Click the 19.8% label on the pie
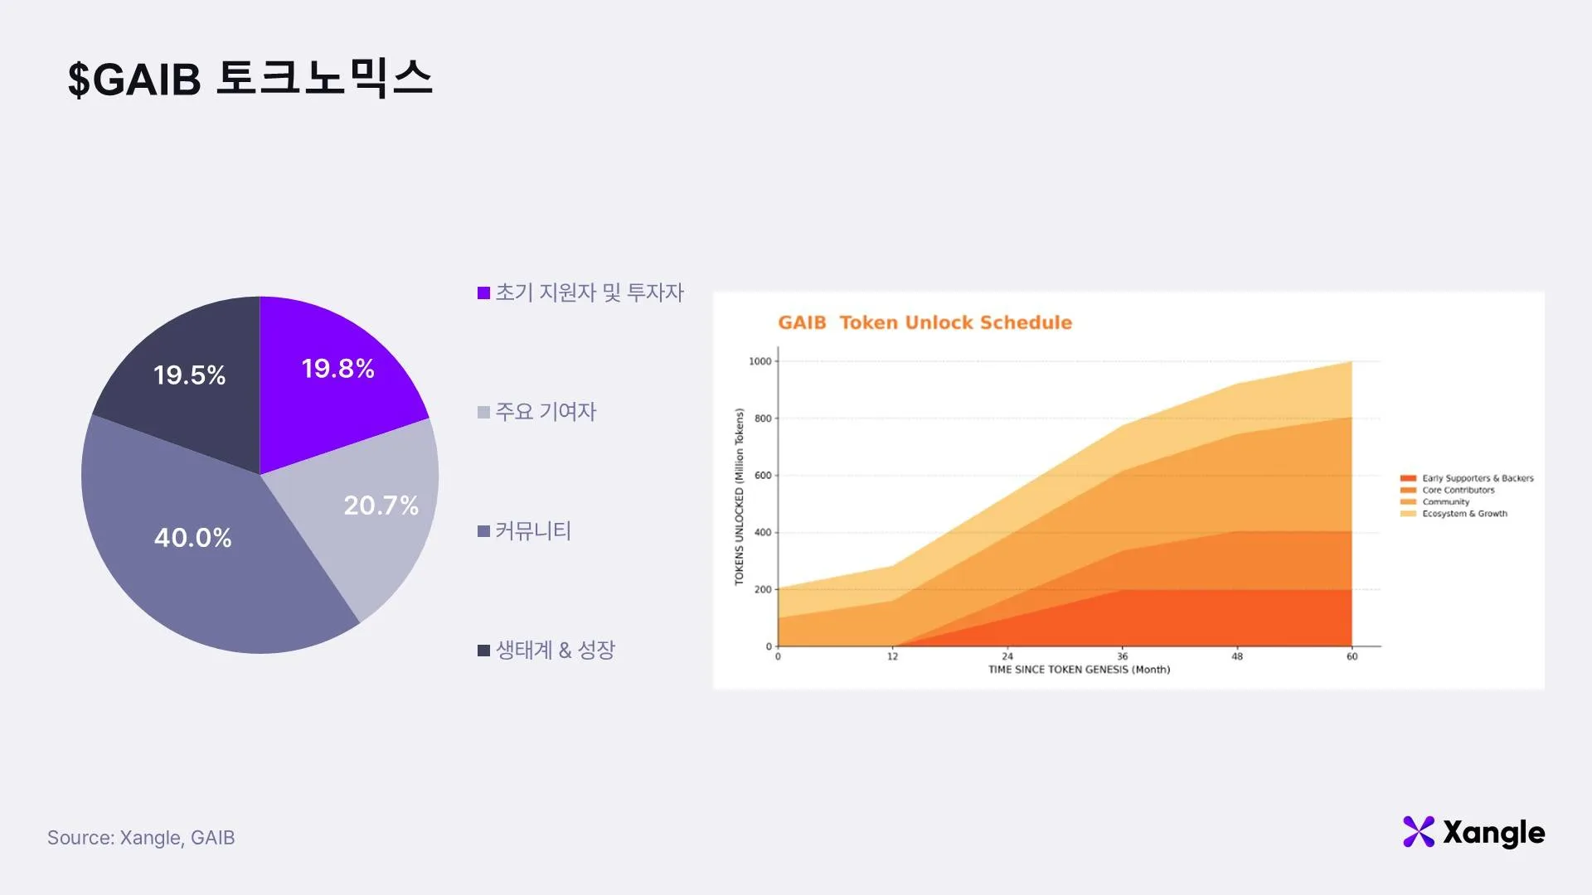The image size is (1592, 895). tap(337, 369)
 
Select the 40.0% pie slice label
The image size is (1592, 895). tap(192, 538)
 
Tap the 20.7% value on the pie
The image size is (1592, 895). tap(381, 506)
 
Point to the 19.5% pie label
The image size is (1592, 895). tap(189, 375)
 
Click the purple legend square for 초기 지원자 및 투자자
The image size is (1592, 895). tap(484, 293)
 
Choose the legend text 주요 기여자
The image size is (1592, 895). tap(546, 412)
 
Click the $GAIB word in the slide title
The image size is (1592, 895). tap(134, 80)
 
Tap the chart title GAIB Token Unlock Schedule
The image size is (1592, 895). tap(925, 322)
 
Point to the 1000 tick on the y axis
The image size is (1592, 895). tap(760, 361)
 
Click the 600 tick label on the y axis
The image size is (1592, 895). tap(763, 476)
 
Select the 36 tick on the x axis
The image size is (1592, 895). tap(1122, 656)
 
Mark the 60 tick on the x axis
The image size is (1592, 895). tap(1352, 656)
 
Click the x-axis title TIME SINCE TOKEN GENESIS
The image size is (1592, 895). tap(1079, 670)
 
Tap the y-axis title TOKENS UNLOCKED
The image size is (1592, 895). tap(739, 497)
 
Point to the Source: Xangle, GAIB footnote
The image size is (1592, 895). tap(141, 838)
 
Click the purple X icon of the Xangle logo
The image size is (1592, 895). tap(1418, 832)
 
